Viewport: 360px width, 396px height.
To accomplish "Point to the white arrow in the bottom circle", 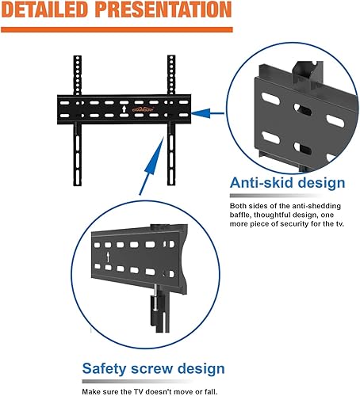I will point(104,257).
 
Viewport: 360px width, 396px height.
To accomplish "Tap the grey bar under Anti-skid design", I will point(285,195).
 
